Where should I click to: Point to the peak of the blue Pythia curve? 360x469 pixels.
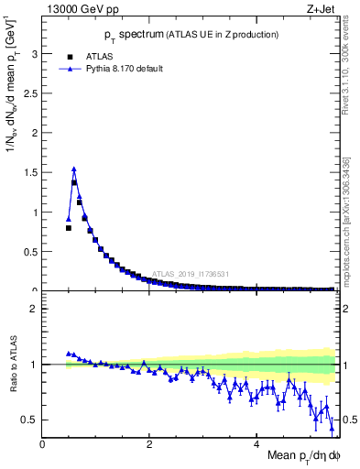pos(74,169)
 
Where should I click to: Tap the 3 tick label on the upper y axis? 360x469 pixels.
pos(34,54)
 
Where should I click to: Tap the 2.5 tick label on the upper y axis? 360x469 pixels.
pos(30,93)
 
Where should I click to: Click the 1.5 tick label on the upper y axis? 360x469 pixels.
pos(30,172)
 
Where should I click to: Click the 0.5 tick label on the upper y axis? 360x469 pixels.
pos(30,252)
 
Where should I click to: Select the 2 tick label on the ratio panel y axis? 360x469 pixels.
pos(34,309)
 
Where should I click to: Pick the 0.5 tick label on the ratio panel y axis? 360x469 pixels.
pos(30,420)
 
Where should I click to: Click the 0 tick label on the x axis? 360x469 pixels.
pos(43,444)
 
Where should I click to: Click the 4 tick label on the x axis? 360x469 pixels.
pos(257,444)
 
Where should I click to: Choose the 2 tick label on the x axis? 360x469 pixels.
pos(150,444)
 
